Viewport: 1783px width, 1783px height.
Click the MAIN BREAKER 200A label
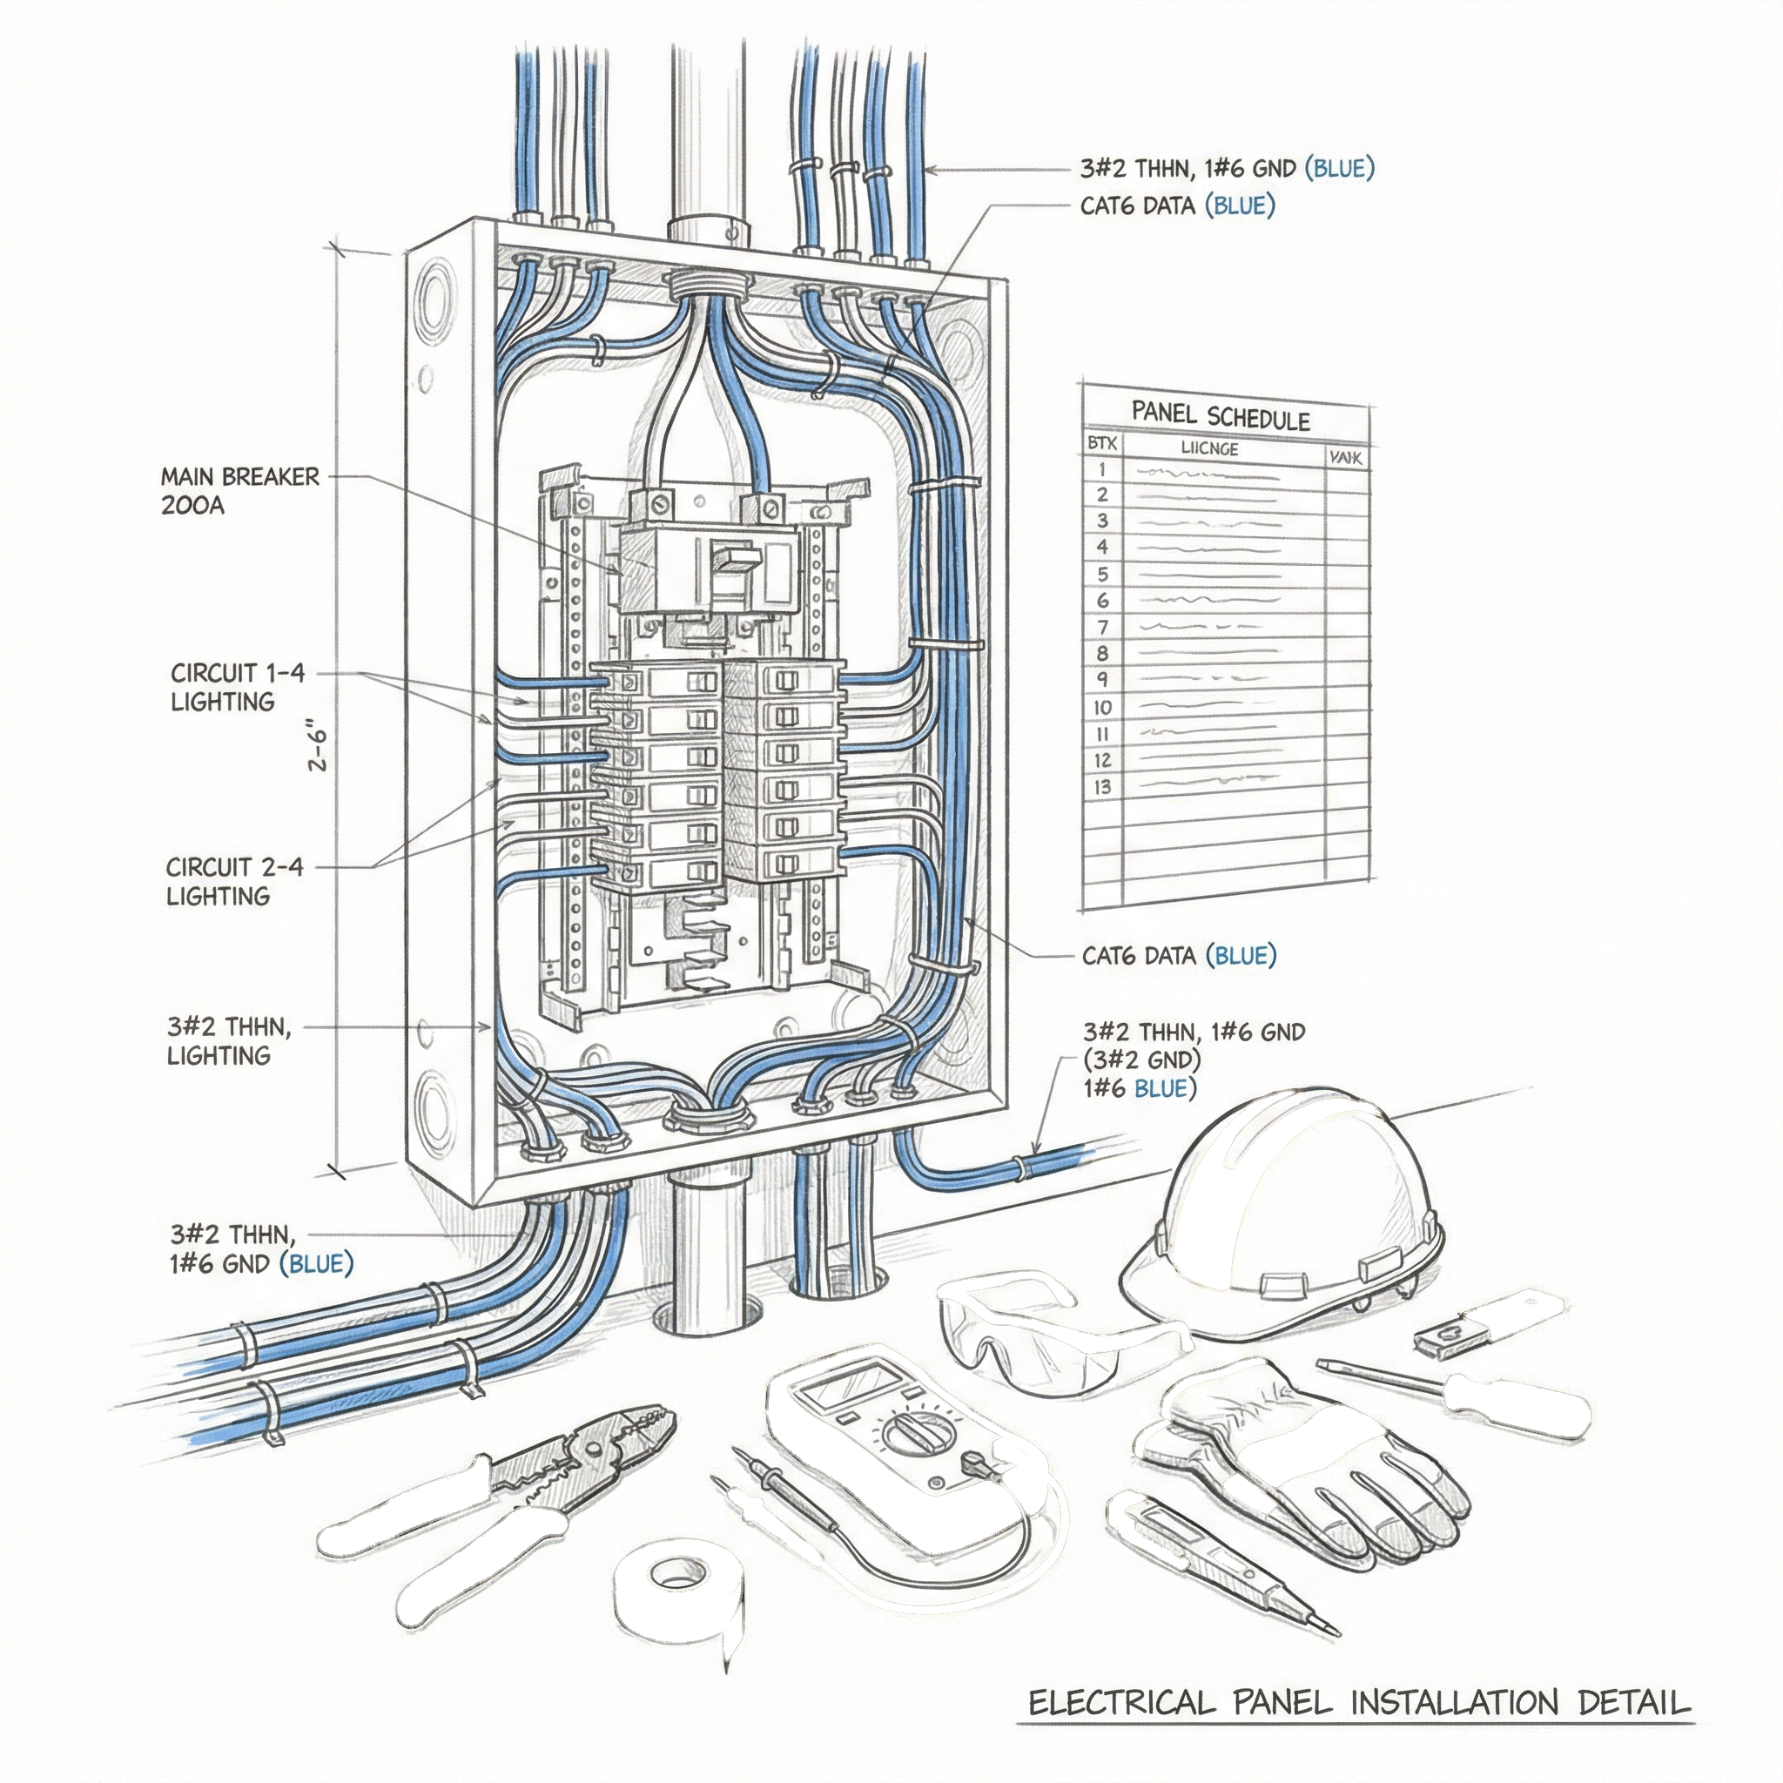click(x=239, y=491)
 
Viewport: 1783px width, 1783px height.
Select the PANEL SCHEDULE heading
click(x=1220, y=416)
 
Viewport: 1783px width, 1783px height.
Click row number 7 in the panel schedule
click(x=1102, y=628)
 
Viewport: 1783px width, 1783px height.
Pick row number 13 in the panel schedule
click(x=1102, y=787)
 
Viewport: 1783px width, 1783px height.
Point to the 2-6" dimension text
click(x=319, y=750)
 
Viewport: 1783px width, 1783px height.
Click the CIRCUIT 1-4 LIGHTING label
click(x=236, y=687)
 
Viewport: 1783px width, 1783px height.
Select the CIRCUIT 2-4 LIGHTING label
click(x=233, y=880)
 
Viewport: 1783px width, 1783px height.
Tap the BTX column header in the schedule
click(x=1102, y=444)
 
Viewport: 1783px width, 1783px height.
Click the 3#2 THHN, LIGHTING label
click(x=229, y=1040)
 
